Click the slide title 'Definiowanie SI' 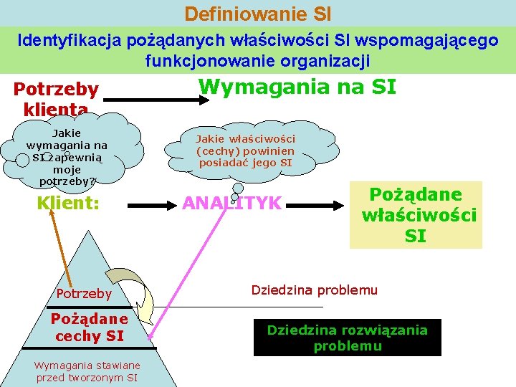(x=257, y=14)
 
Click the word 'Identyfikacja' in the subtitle (x=64, y=40)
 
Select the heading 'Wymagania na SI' (x=297, y=87)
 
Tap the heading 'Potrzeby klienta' (x=56, y=99)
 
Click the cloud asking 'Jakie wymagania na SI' (x=67, y=154)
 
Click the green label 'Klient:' (x=68, y=203)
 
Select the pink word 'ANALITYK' (x=231, y=204)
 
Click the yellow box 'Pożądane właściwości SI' (x=416, y=216)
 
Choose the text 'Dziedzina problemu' (x=314, y=290)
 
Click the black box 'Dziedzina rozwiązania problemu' (x=347, y=338)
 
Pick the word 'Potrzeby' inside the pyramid (x=84, y=294)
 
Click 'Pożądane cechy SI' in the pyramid (x=89, y=327)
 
